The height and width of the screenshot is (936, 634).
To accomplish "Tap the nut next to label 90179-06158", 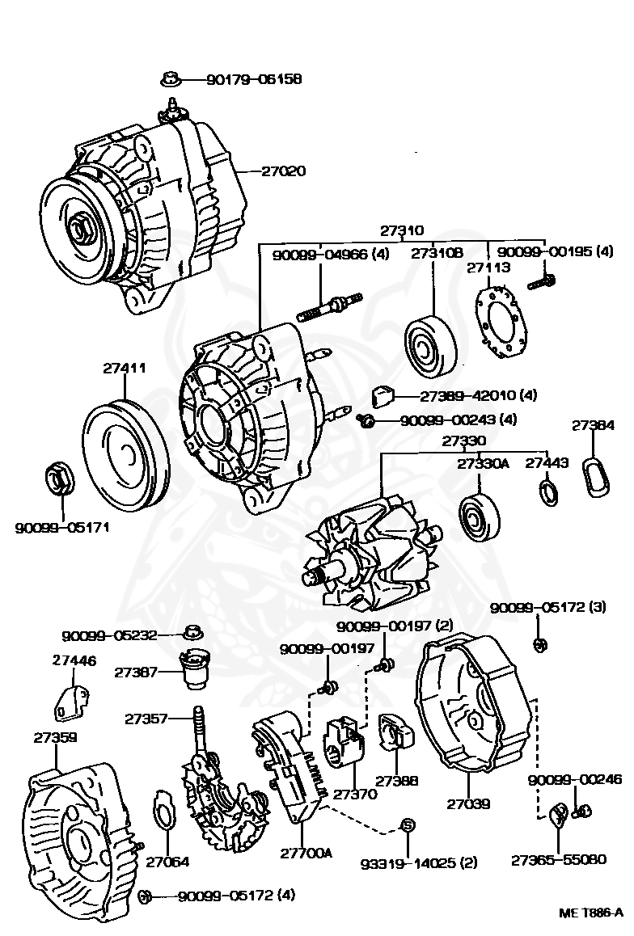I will [171, 79].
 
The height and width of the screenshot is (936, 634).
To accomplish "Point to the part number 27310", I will [402, 231].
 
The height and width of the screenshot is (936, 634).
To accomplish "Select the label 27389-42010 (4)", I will [479, 395].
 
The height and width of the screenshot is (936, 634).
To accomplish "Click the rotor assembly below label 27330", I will [372, 558].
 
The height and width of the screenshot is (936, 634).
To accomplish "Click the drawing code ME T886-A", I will [590, 913].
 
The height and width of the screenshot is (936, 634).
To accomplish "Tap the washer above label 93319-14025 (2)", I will [408, 825].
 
